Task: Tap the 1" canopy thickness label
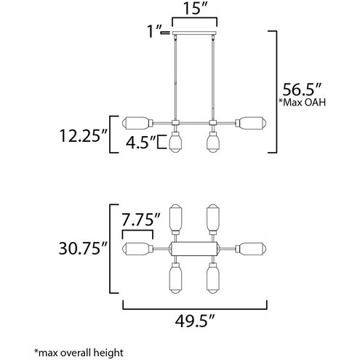point(153,33)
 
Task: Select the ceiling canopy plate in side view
point(193,35)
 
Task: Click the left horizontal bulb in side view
point(135,121)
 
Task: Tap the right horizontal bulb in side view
point(250,121)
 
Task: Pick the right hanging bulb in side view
point(212,140)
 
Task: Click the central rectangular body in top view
point(193,249)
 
